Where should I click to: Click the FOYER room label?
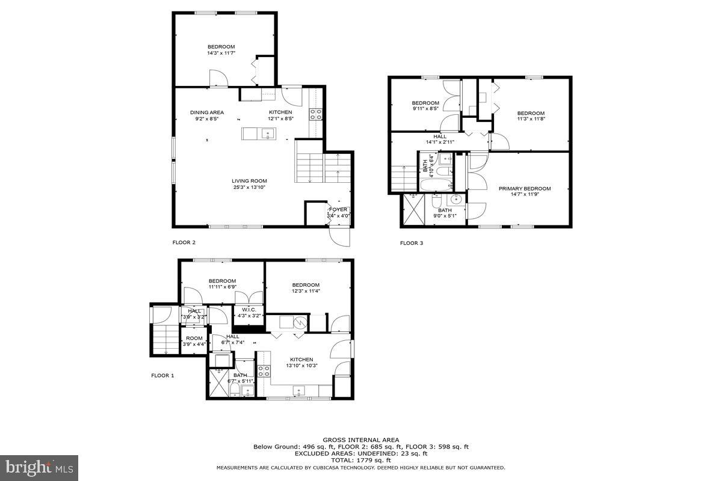[x=338, y=209]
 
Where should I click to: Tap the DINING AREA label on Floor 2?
[x=207, y=112]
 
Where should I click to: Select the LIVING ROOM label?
[x=250, y=181]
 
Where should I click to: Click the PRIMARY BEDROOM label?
[x=525, y=189]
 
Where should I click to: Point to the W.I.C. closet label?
[x=249, y=310]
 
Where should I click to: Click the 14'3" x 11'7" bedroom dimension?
[x=221, y=53]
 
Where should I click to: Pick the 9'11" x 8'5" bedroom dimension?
[x=425, y=109]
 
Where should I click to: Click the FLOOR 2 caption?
[x=184, y=243]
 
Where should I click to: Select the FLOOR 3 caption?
[x=412, y=244]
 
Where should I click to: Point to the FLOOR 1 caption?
[x=162, y=376]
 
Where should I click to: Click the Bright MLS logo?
[x=39, y=467]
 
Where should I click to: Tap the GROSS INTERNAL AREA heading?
[x=361, y=440]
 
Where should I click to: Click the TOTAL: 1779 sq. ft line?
[x=361, y=460]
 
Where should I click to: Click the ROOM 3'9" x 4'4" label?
[x=194, y=342]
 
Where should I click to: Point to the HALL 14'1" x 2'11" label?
[x=439, y=139]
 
